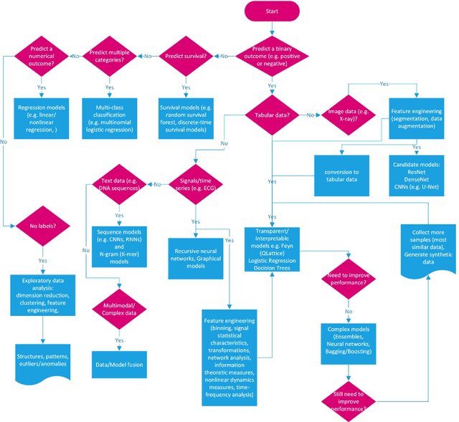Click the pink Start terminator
coord(271,12)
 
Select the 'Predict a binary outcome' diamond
coord(272,56)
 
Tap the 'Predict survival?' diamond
coord(187,56)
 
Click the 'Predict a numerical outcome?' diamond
coord(41,56)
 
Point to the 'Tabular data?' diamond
coord(272,114)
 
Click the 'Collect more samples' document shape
coord(428,248)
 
